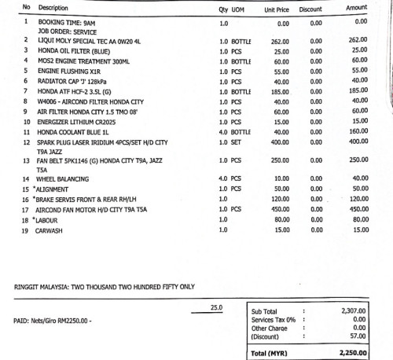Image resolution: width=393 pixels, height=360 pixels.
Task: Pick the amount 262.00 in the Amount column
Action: (358, 40)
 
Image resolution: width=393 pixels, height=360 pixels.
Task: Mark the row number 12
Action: (27, 142)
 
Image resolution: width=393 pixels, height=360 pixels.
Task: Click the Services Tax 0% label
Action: (274, 320)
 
